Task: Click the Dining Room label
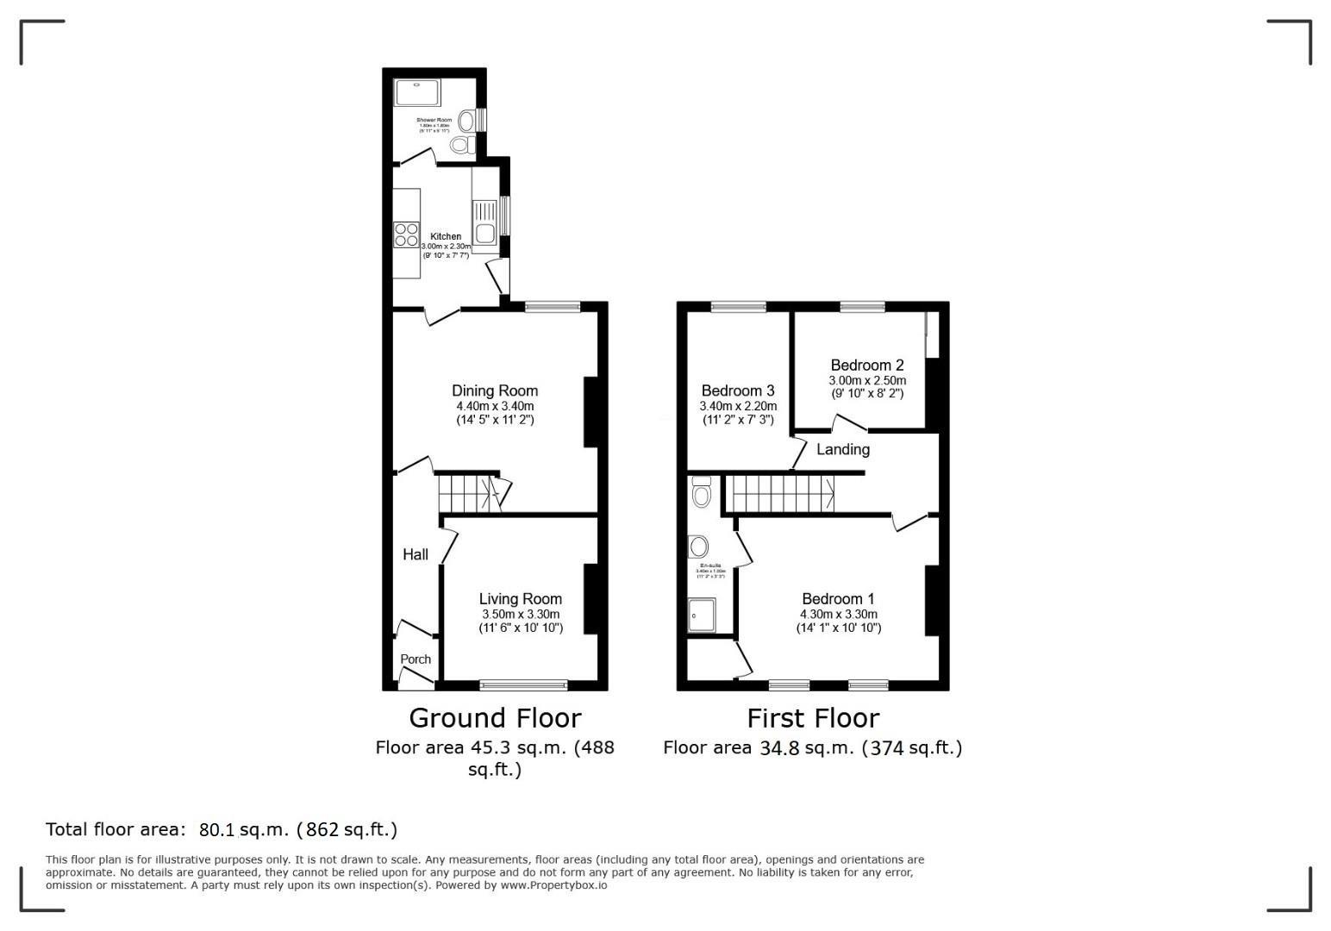495,391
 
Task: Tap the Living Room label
520,599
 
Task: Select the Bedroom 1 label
838,599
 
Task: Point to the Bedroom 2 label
867,366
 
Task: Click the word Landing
842,449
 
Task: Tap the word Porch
416,659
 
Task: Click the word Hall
416,554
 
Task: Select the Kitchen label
446,236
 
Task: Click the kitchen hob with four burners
406,234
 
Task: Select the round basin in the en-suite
698,547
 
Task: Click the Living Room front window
523,685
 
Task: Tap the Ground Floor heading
495,718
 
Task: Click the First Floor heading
812,718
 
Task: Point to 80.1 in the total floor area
217,830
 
